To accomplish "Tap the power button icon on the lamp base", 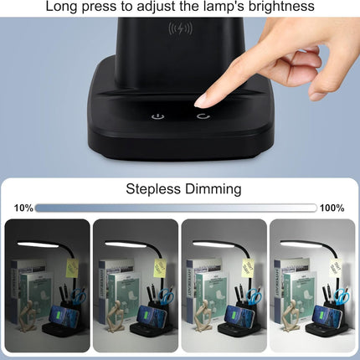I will (156, 116).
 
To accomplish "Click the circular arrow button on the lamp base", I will (203, 116).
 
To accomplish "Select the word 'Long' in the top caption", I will (63, 7).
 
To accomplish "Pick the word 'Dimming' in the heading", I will (213, 188).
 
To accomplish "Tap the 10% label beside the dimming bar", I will (23, 208).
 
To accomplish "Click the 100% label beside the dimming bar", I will (332, 208).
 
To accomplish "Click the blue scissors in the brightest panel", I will (341, 296).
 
